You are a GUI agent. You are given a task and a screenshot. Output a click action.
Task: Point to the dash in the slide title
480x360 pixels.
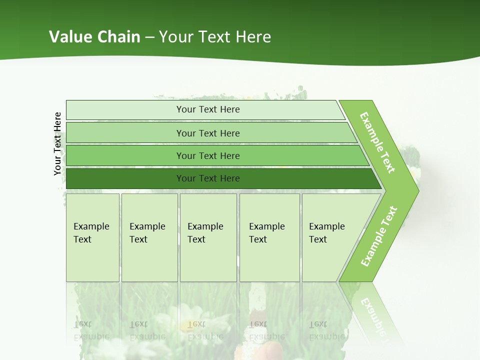click(x=150, y=37)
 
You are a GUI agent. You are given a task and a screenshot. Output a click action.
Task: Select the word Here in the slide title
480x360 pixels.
click(x=253, y=36)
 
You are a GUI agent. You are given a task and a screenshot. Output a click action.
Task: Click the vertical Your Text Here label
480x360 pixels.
click(x=57, y=143)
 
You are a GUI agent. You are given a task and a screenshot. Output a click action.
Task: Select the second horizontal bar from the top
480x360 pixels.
click(x=208, y=133)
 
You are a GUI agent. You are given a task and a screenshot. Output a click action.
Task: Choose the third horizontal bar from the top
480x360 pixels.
click(x=208, y=155)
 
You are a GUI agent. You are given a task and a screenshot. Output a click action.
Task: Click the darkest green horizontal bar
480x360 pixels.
click(x=208, y=178)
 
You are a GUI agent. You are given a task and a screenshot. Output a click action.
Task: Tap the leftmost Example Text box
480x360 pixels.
click(x=92, y=237)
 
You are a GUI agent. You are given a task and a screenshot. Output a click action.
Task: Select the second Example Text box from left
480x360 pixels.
click(x=149, y=237)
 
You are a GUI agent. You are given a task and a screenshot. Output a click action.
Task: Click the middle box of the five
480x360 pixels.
click(x=208, y=237)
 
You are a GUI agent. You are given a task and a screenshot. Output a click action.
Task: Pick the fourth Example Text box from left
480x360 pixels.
click(x=269, y=237)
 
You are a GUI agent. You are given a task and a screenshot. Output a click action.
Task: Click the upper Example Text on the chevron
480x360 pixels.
click(x=377, y=142)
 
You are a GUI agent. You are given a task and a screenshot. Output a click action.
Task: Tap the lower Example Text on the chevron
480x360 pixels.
click(x=379, y=236)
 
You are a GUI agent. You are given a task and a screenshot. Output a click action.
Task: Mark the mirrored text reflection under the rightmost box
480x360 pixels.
click(x=326, y=330)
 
